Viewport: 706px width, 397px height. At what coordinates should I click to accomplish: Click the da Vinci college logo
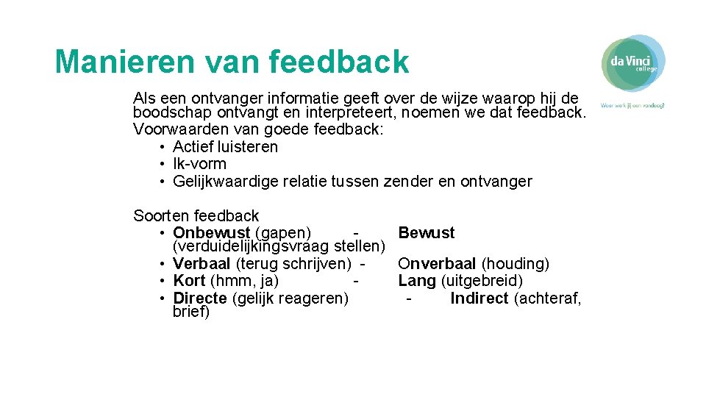tap(633, 62)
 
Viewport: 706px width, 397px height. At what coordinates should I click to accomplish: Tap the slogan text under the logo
tap(632, 105)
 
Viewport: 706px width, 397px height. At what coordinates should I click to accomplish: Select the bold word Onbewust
tap(211, 233)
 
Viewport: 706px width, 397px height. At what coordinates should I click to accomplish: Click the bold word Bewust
tap(427, 233)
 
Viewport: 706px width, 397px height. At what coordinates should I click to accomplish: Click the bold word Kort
tap(189, 281)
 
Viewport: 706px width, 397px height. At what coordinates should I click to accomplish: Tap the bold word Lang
tap(415, 281)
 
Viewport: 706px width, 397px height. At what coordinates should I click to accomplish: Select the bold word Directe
tap(199, 298)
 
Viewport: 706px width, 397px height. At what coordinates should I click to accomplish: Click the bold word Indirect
tap(479, 298)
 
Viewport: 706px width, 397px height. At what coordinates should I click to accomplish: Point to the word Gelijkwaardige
tap(225, 182)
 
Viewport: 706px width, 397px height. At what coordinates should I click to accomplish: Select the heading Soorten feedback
tap(196, 215)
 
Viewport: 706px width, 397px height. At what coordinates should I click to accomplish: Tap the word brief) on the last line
tap(191, 312)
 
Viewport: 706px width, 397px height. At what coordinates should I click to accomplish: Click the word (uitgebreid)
tap(488, 281)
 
